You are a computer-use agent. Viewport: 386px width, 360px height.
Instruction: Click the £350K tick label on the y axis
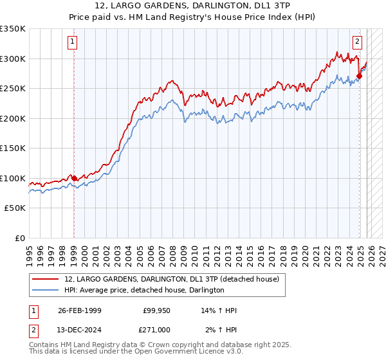13,29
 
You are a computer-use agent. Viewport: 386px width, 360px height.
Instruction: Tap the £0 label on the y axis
19,238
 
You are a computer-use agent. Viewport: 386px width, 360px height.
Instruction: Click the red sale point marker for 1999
74,178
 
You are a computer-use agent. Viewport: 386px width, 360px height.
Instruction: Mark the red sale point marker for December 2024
359,76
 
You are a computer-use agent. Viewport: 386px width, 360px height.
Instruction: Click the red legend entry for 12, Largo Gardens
171,279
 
